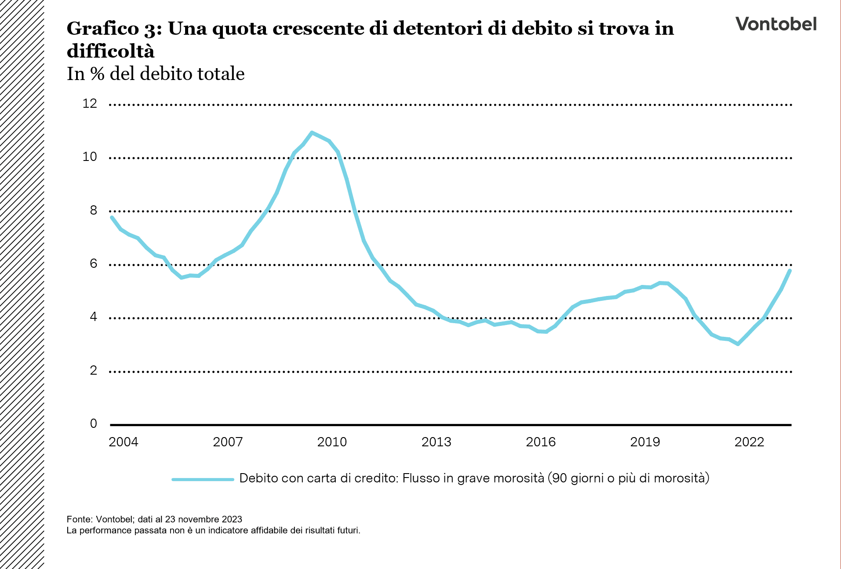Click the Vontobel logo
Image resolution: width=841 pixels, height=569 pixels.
(x=776, y=24)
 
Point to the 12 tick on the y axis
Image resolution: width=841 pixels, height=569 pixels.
(x=90, y=104)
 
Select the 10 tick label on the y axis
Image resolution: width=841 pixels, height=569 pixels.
(x=90, y=157)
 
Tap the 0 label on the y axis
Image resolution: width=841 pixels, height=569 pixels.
(x=93, y=424)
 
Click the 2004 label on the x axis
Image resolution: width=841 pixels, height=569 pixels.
(x=123, y=442)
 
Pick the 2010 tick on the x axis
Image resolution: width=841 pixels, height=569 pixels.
(x=332, y=442)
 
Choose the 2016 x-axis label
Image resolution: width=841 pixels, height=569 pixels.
(x=541, y=442)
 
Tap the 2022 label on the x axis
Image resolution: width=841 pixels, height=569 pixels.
(x=749, y=442)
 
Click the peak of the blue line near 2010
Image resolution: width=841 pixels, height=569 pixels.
(x=312, y=132)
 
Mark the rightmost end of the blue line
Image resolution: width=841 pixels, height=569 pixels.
(x=790, y=270)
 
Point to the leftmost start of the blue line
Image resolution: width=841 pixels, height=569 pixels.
(x=112, y=217)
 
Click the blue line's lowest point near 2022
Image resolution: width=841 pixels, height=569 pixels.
(x=738, y=344)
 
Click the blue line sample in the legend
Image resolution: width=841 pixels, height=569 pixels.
(x=203, y=479)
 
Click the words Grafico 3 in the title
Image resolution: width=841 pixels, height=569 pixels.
(x=114, y=29)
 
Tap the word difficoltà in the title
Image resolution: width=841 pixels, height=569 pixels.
(x=110, y=51)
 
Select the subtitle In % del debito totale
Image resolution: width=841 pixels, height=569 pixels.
(x=156, y=74)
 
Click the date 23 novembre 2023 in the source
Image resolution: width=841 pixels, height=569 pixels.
(x=204, y=519)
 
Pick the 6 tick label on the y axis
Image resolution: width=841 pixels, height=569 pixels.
(x=93, y=264)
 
